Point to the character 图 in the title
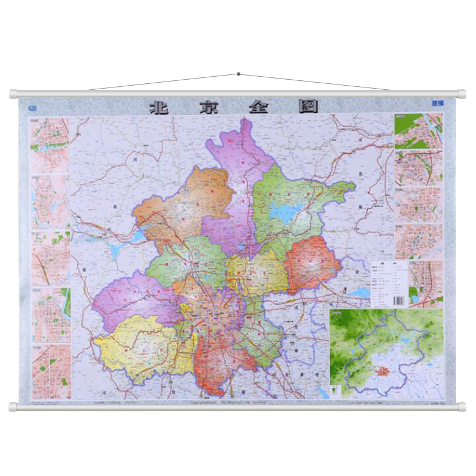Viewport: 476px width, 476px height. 308,107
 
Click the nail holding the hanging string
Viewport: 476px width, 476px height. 239,74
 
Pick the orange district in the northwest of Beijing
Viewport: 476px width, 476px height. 178,202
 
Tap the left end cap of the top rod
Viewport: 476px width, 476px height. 14,93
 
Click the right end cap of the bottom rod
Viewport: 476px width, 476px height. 462,407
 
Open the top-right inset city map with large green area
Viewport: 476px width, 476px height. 418,130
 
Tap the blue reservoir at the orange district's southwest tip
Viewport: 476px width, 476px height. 136,237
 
